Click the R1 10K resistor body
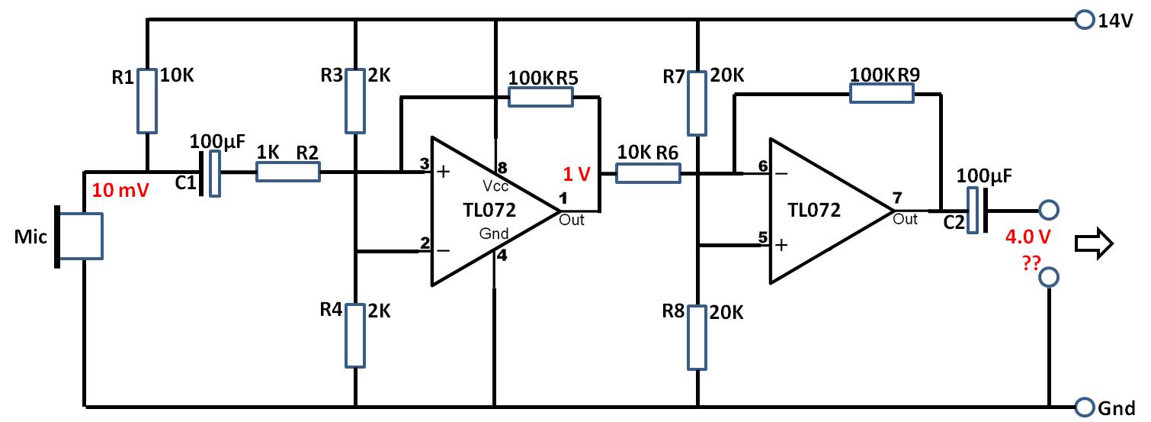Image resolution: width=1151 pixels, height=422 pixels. (x=147, y=101)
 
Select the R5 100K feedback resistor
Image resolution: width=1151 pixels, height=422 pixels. (x=540, y=97)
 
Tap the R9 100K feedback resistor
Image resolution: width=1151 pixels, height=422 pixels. (x=882, y=93)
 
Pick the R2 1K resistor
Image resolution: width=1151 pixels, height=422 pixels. (x=288, y=172)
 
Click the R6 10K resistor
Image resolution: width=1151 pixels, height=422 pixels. (x=649, y=173)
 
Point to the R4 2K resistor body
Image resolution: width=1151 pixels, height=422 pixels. (x=355, y=336)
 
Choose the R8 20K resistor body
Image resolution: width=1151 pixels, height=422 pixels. (x=697, y=337)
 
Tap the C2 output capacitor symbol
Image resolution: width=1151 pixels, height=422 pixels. (x=977, y=211)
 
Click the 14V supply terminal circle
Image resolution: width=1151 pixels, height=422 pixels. (x=1085, y=20)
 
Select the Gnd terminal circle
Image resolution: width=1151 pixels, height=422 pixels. (x=1085, y=407)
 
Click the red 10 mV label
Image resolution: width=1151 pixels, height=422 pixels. (x=120, y=190)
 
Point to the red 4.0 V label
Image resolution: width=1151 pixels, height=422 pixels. (x=1028, y=237)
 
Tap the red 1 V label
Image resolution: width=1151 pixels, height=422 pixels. (x=576, y=174)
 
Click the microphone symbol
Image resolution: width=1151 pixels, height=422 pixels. (x=79, y=237)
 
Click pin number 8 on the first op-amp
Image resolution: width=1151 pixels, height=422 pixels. (x=502, y=168)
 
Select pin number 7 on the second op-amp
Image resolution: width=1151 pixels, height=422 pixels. (x=897, y=198)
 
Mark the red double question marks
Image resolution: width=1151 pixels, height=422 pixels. (x=1031, y=263)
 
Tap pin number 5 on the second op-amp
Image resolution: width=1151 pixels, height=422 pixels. (x=763, y=237)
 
